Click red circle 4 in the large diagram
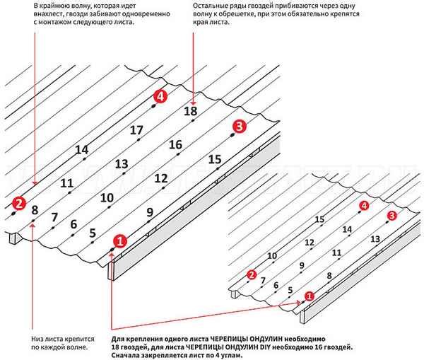tap(162, 98)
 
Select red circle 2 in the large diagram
tap(19, 204)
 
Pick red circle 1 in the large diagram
tap(119, 240)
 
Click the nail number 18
tap(190, 111)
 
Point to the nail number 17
tap(136, 130)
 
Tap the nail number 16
tap(176, 145)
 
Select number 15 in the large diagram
tap(216, 160)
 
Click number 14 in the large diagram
tap(81, 149)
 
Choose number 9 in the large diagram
tap(149, 211)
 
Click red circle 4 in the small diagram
tap(363, 205)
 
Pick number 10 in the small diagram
tap(272, 255)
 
